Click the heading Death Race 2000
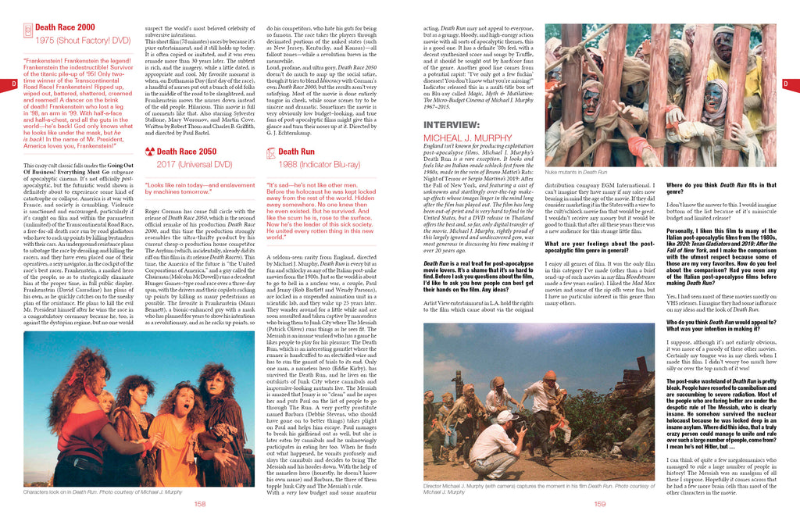(66, 27)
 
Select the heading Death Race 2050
(187, 152)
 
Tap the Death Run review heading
(296, 152)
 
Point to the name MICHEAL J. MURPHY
(468, 138)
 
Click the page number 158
(200, 503)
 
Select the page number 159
(600, 503)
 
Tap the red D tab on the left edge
(13, 84)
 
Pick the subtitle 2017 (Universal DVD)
(195, 164)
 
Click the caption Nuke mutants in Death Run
(576, 172)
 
